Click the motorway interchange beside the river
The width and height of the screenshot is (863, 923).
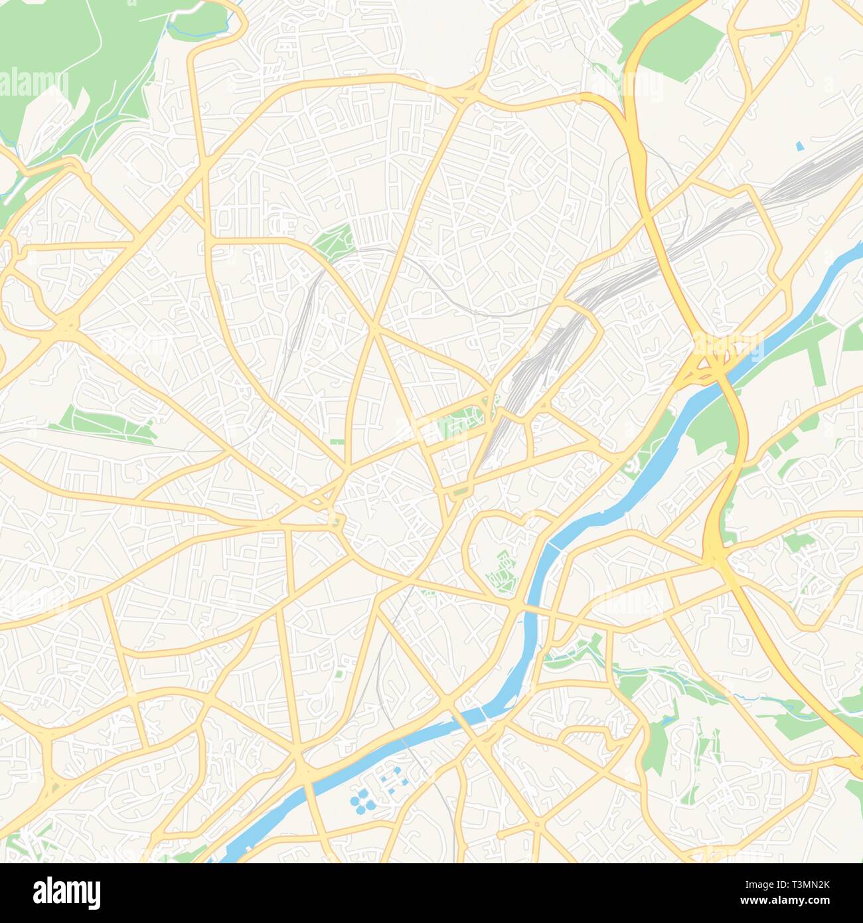click(x=708, y=363)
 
